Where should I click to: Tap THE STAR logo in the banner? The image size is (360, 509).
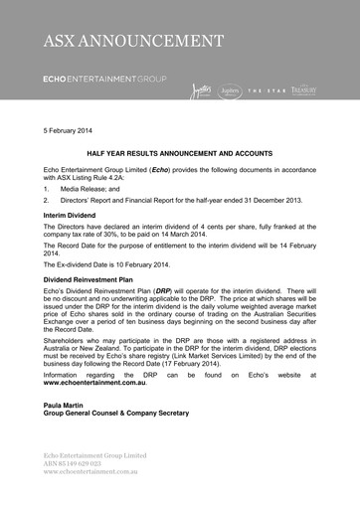point(267,91)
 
